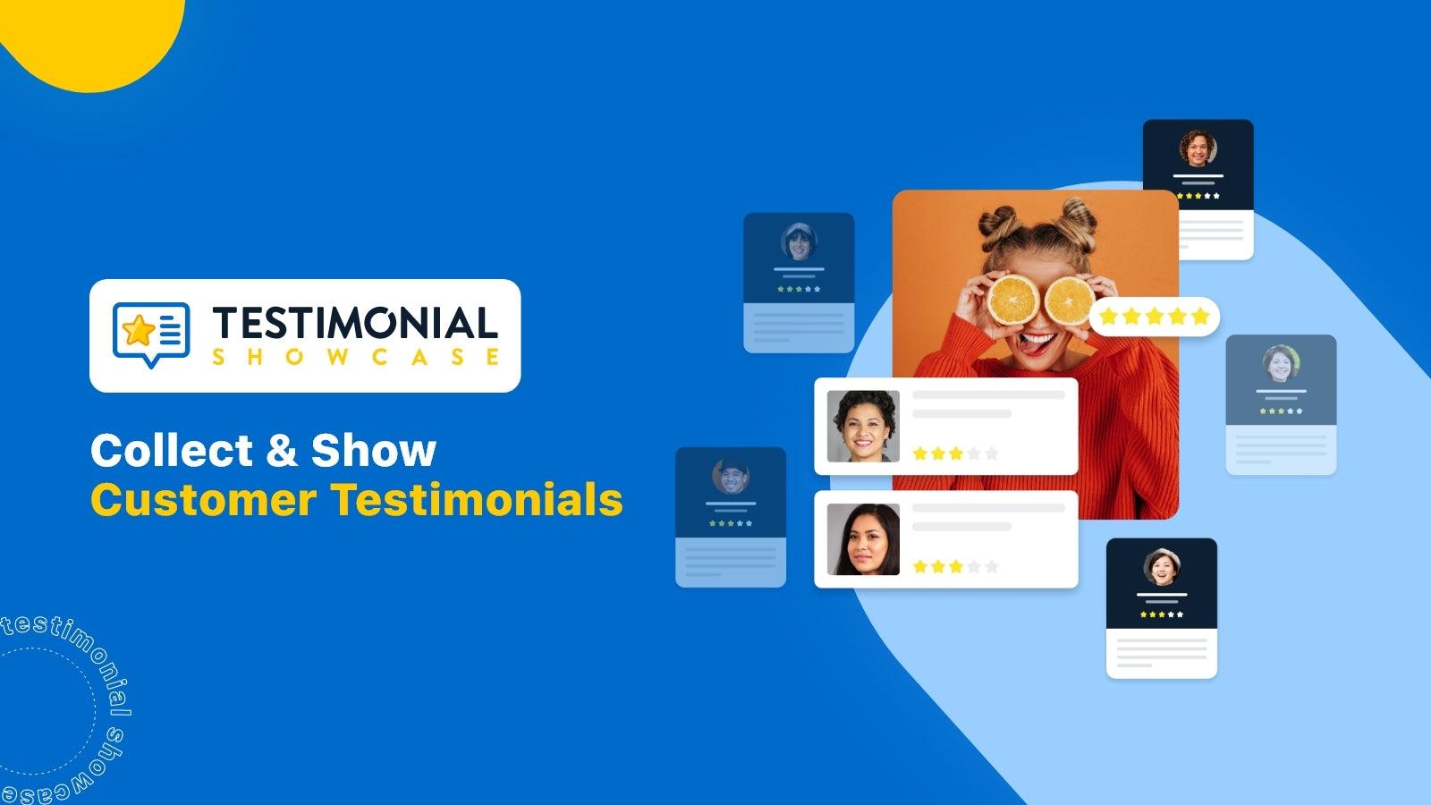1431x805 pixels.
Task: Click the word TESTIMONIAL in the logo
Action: click(x=355, y=323)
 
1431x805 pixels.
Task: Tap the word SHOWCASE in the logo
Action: click(x=355, y=357)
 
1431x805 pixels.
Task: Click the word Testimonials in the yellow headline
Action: click(x=478, y=499)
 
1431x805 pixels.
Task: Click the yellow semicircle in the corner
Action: click(x=89, y=36)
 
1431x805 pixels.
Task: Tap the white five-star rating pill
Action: click(x=1154, y=316)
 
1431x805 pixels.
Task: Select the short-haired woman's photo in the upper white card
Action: click(x=863, y=426)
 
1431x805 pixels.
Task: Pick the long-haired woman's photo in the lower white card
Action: click(x=863, y=539)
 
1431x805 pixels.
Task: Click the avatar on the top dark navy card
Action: click(x=1198, y=148)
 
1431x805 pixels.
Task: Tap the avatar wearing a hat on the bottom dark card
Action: click(x=1161, y=567)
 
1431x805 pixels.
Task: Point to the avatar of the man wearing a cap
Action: click(x=730, y=477)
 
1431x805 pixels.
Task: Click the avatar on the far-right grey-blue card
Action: click(x=1281, y=363)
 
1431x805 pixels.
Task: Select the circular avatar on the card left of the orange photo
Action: click(x=798, y=241)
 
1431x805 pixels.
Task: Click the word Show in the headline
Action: click(x=373, y=450)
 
